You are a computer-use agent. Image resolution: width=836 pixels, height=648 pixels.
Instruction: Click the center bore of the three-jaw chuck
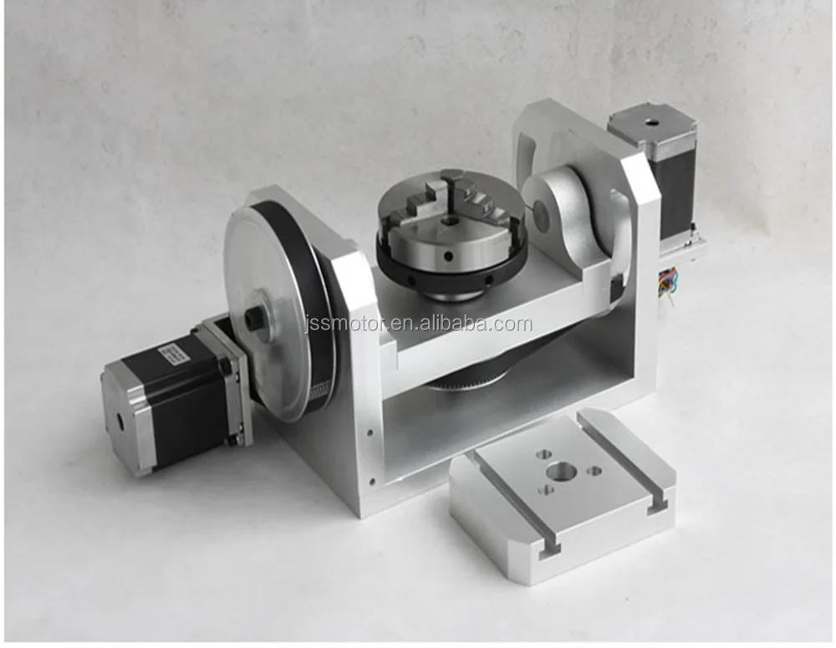pos(450,222)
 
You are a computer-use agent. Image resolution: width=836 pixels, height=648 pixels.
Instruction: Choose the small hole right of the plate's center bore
pos(594,471)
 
